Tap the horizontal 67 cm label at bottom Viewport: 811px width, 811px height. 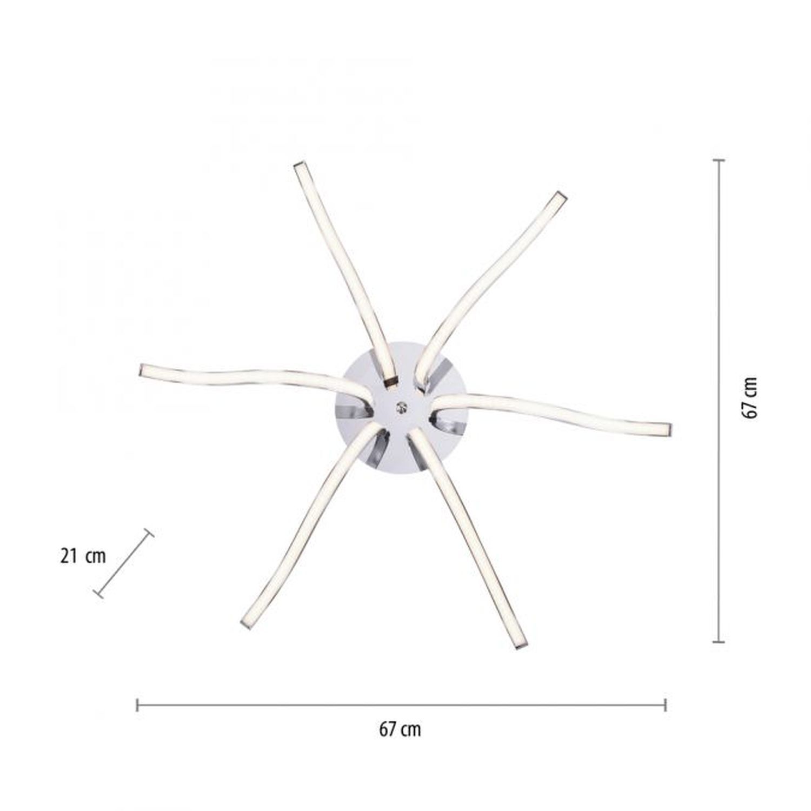[x=400, y=729]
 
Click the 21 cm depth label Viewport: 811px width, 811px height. [x=83, y=556]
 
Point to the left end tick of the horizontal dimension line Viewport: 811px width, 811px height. [x=138, y=704]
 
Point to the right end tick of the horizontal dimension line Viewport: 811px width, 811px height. [x=665, y=704]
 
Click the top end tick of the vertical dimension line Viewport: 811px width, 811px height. [x=719, y=161]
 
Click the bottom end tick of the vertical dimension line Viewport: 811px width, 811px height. [x=719, y=642]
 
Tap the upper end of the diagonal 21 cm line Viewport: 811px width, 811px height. [x=149, y=533]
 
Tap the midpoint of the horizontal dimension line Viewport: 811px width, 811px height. [x=401, y=704]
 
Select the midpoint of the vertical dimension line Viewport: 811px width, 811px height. [x=719, y=401]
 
